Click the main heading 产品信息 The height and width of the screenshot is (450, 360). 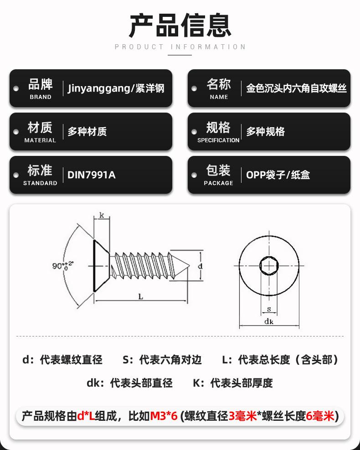click(180, 26)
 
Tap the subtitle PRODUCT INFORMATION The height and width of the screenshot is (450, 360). click(180, 47)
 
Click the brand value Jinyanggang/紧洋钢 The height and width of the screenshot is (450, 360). click(116, 88)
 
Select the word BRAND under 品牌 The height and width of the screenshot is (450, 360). click(41, 97)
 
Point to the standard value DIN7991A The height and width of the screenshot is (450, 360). click(91, 175)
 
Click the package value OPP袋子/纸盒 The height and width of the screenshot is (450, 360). click(278, 175)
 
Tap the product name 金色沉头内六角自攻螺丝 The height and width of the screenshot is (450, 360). click(296, 88)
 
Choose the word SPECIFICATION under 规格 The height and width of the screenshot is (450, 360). click(218, 140)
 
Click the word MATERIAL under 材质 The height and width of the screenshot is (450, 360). click(40, 140)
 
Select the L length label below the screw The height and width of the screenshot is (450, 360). click(141, 297)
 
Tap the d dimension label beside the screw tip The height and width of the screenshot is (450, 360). click(200, 265)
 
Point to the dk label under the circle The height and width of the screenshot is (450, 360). click(269, 322)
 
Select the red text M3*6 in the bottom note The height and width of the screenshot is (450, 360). click(164, 416)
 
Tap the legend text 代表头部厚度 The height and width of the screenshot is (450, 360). click(241, 383)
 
